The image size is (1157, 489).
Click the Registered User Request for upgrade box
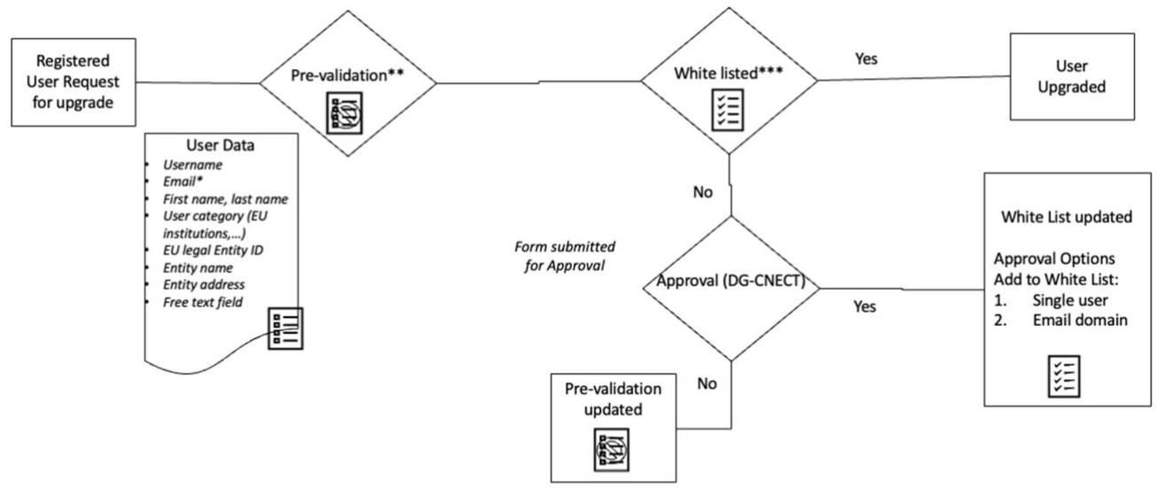pyautogui.click(x=73, y=81)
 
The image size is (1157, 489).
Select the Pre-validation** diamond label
pyautogui.click(x=347, y=75)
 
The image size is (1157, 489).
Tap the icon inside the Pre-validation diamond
pyautogui.click(x=344, y=113)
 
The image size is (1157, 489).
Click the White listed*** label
pyautogui.click(x=729, y=74)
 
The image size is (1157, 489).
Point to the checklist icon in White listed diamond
pyautogui.click(x=728, y=110)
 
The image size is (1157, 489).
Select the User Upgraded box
pyautogui.click(x=1072, y=76)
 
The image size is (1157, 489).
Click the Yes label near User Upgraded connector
pyautogui.click(x=866, y=58)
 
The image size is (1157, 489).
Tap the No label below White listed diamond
pyautogui.click(x=703, y=191)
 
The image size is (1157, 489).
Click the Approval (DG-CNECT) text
pyautogui.click(x=731, y=281)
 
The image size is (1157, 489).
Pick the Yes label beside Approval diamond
pyautogui.click(x=865, y=307)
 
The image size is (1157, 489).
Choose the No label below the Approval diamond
pyautogui.click(x=706, y=383)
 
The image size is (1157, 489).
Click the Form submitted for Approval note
pyautogui.click(x=565, y=256)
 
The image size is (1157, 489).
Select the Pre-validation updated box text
pyautogui.click(x=613, y=399)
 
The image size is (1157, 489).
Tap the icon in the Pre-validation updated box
pyautogui.click(x=612, y=449)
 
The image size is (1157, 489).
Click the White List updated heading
pyautogui.click(x=1067, y=216)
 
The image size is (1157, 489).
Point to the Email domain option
pyautogui.click(x=1080, y=320)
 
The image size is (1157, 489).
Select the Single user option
pyautogui.click(x=1070, y=299)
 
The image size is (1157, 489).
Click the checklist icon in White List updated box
pyautogui.click(x=1064, y=376)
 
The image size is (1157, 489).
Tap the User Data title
pyautogui.click(x=220, y=145)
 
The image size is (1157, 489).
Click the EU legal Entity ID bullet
pyautogui.click(x=212, y=250)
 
